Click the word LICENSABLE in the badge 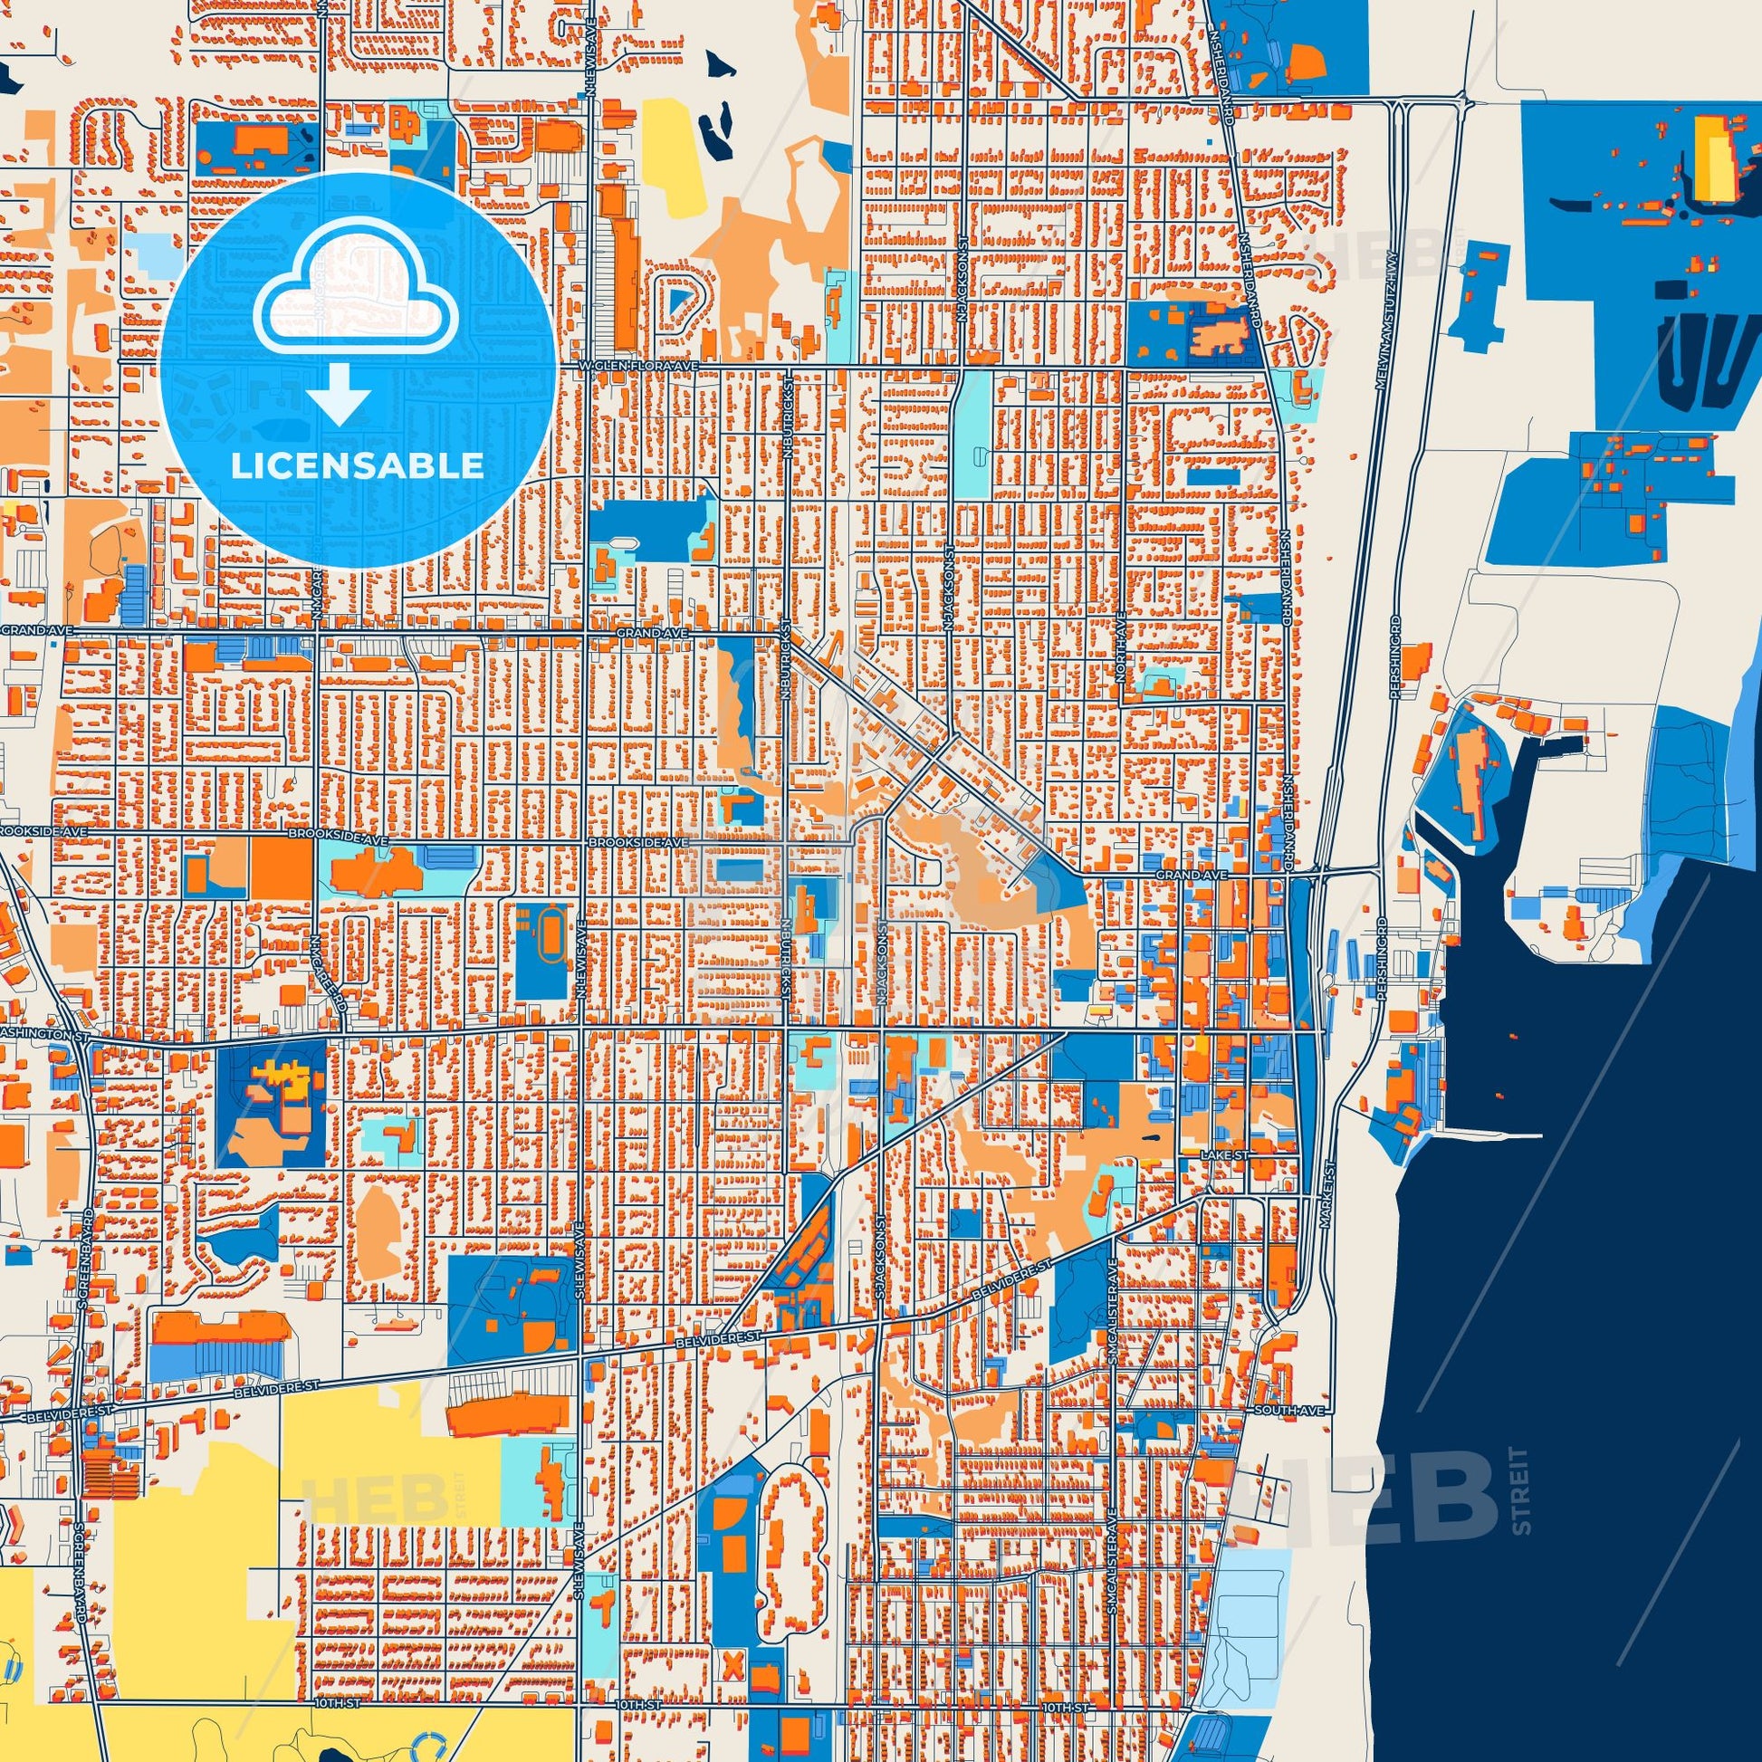pos(357,466)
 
